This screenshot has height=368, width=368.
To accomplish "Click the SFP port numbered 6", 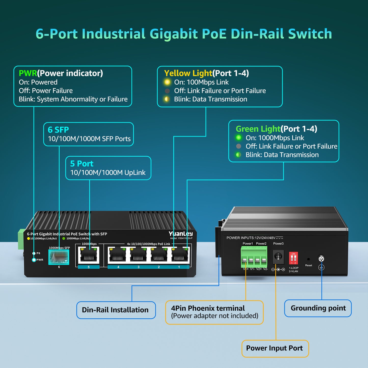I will coord(59,257).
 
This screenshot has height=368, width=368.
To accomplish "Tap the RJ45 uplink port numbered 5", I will coord(89,255).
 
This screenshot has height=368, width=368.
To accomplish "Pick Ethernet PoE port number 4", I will coord(118,255).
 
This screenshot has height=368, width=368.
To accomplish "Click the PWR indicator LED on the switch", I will coord(34,260).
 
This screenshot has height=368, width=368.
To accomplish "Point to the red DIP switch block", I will coord(293,258).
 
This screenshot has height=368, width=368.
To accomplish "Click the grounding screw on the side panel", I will coord(321,259).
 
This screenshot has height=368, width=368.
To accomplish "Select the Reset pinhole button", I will coord(308,260).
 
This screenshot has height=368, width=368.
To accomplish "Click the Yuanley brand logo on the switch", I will coord(181,234).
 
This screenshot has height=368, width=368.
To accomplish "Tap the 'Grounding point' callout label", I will coord(318,308).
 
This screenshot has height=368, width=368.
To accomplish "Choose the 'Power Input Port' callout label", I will coord(275,348).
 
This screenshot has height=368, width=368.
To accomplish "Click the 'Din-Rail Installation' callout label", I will coord(115,310).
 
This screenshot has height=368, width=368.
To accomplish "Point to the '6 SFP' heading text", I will coord(58,130).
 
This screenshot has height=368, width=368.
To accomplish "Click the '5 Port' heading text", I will coord(82,163).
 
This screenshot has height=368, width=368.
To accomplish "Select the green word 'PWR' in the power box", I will coord(28,73).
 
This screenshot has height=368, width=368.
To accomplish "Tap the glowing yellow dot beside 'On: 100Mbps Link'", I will coord(167,82).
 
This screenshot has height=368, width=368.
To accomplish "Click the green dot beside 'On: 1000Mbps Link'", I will coord(239,138).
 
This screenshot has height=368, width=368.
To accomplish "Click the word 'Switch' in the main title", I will coord(310,34).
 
